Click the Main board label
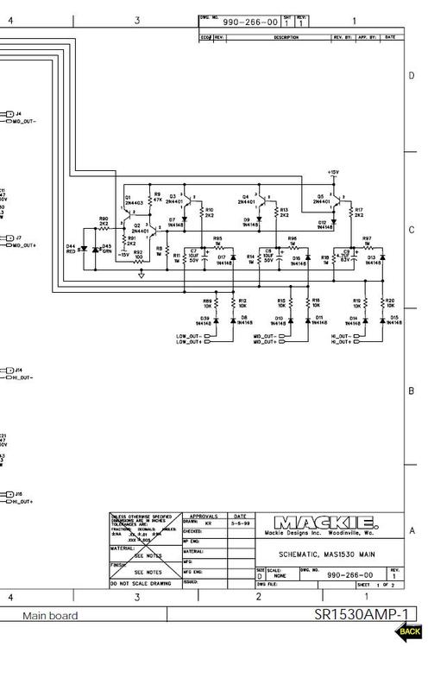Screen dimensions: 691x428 50,616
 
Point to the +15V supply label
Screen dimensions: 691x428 334,173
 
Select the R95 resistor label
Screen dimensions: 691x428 217,238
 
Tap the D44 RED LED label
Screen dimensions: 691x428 71,248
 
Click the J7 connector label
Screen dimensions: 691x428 18,237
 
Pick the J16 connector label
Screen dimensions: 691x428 18,493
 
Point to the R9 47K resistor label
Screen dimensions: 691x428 157,197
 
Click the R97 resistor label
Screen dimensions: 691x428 367,238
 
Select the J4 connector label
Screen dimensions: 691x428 18,113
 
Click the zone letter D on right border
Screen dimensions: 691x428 412,76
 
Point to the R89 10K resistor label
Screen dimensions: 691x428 207,302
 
